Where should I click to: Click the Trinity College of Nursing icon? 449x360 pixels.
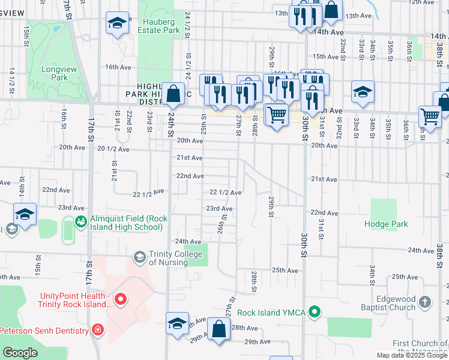click(139, 257)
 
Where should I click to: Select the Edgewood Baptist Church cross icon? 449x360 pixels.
click(425, 302)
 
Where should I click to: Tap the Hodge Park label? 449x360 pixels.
click(386, 224)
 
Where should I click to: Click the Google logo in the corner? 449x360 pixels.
click(20, 353)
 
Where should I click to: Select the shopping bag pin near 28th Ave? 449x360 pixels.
click(220, 329)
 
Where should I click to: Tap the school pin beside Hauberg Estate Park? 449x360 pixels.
click(118, 24)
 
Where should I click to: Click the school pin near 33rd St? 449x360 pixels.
click(363, 92)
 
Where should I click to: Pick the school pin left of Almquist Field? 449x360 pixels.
click(25, 215)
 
